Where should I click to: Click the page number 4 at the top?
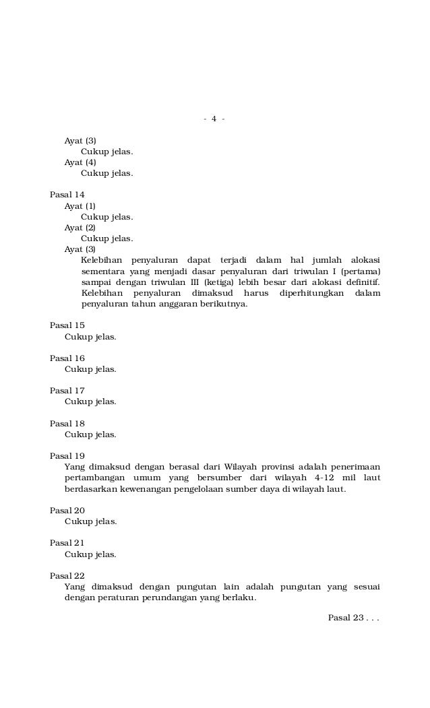[x=214, y=119]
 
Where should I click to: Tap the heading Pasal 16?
[x=67, y=358]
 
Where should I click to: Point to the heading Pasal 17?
[x=67, y=391]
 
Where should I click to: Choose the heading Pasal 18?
[x=67, y=424]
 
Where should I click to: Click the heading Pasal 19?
[x=67, y=456]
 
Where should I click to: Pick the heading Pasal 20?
[x=67, y=511]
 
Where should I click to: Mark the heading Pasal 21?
[x=67, y=543]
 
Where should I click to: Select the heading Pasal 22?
[x=67, y=576]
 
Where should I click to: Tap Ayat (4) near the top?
[x=80, y=162]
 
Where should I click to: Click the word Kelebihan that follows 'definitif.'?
[x=102, y=294]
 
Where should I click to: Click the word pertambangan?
[x=94, y=478]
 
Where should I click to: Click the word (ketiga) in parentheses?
[x=221, y=282]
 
